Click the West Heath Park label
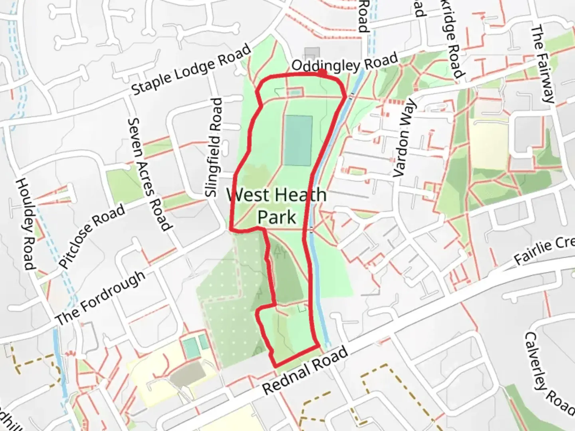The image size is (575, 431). pyautogui.click(x=276, y=206)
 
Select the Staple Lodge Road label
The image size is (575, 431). pyautogui.click(x=192, y=70)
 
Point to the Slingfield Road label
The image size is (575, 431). pyautogui.click(x=214, y=148)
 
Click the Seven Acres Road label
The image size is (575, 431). pyautogui.click(x=150, y=174)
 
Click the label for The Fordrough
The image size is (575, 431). pyautogui.click(x=100, y=297)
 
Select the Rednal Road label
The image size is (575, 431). pyautogui.click(x=305, y=371)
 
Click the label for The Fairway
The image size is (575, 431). pyautogui.click(x=543, y=64)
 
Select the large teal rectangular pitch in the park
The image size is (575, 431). pyautogui.click(x=298, y=140)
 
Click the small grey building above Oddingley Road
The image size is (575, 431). pyautogui.click(x=312, y=53)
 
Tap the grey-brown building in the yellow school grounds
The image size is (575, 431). pyautogui.click(x=187, y=375)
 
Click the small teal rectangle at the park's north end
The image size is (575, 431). pyautogui.click(x=294, y=92)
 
